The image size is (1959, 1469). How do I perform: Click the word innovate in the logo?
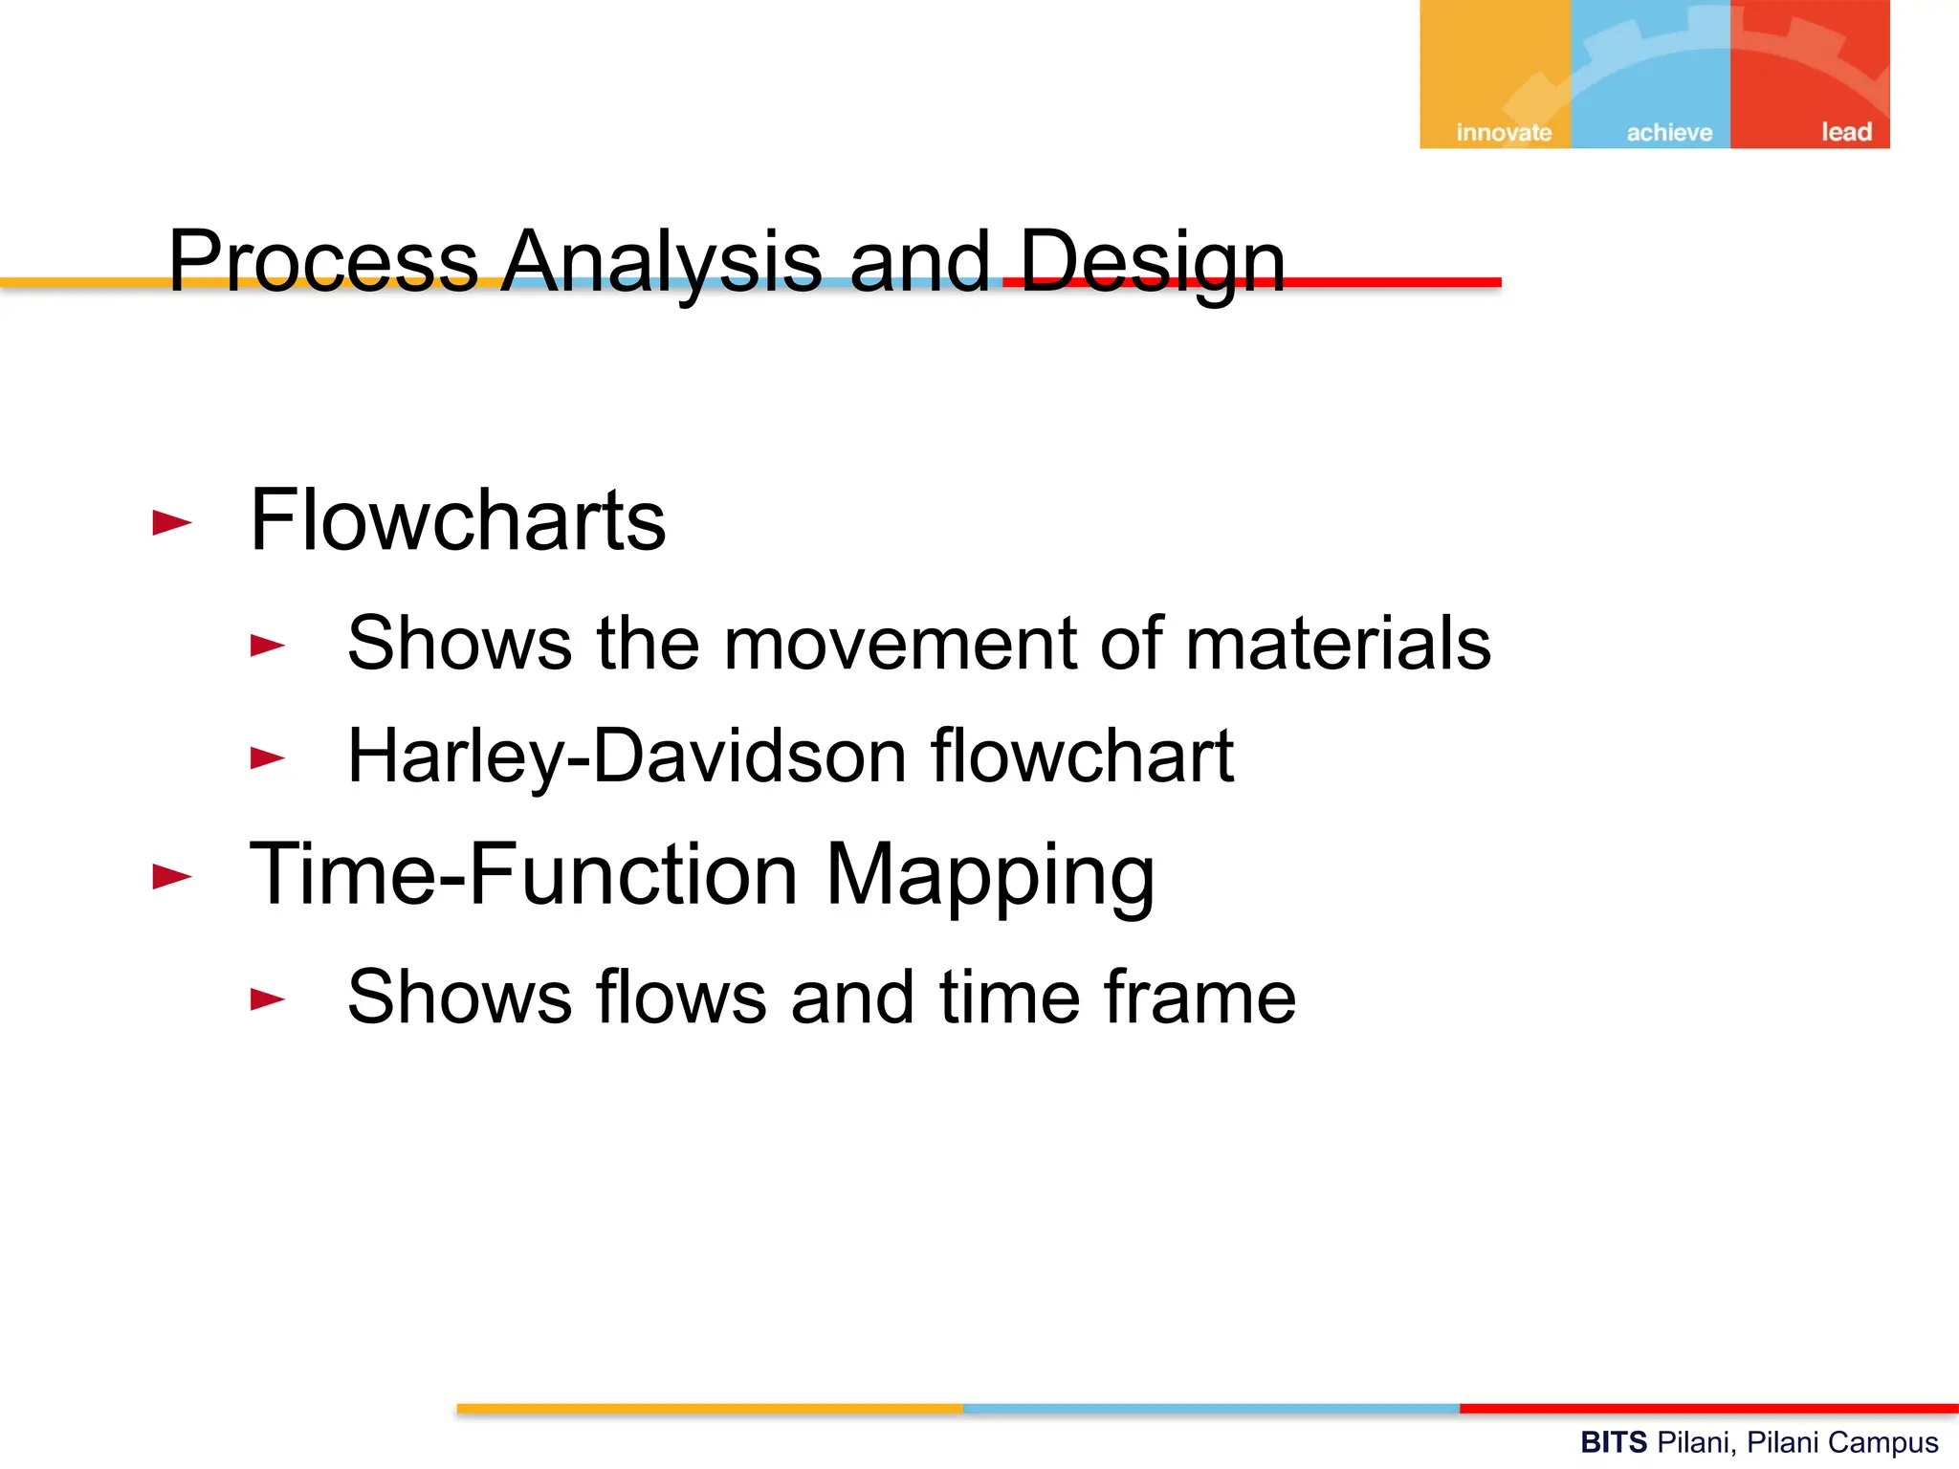[x=1504, y=132]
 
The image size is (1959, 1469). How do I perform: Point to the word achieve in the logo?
[x=1669, y=132]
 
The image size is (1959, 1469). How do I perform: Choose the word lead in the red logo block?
[x=1845, y=131]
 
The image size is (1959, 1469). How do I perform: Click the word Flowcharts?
[x=457, y=520]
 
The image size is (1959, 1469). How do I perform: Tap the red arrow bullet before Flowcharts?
[x=172, y=522]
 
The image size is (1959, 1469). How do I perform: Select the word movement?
[x=899, y=643]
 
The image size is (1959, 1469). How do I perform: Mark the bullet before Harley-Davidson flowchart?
[x=267, y=758]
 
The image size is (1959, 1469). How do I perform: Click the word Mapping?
[x=989, y=875]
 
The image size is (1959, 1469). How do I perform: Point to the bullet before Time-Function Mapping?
[x=172, y=876]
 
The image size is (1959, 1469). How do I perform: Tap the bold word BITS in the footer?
[x=1614, y=1441]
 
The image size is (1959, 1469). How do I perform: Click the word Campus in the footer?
[x=1888, y=1442]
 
